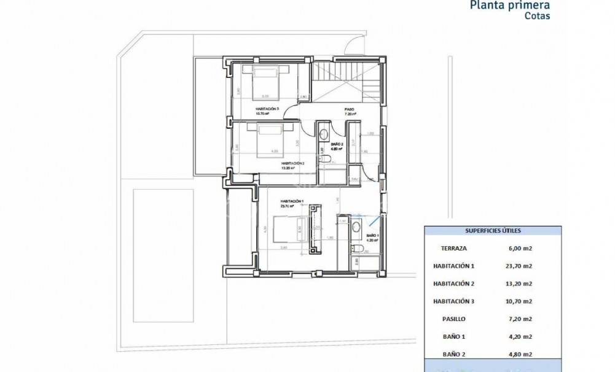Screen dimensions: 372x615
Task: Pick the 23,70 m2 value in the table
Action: click(519, 266)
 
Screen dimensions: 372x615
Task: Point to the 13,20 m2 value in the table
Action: click(519, 284)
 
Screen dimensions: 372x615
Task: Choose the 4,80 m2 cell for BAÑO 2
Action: click(519, 354)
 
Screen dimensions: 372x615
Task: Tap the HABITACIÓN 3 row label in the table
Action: click(455, 301)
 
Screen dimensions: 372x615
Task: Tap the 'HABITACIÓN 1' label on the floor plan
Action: click(291, 201)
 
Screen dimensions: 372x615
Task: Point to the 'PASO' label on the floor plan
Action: click(348, 110)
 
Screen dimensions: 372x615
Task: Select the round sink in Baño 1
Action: click(358, 227)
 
